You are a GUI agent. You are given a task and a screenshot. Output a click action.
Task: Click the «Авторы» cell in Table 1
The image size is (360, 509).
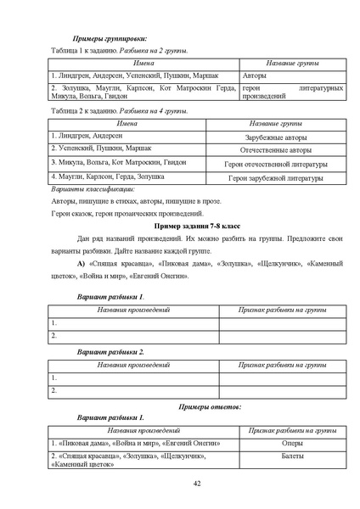click(255, 75)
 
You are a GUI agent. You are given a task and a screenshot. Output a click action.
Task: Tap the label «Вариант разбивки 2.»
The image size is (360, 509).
click(111, 350)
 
